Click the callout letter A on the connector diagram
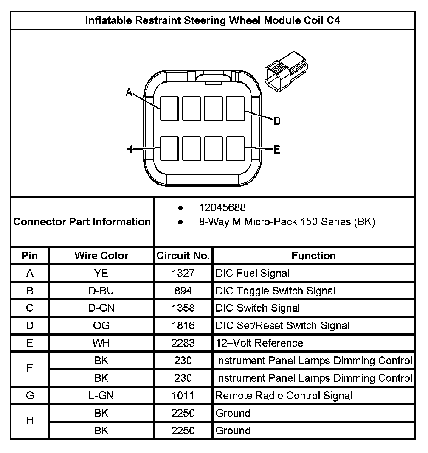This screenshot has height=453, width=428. pos(129,92)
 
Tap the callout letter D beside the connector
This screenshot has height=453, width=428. pos(276,122)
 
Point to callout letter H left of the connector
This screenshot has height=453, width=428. pos(129,149)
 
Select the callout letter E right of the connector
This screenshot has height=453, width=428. pos(276,150)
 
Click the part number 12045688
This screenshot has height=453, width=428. pos(222,207)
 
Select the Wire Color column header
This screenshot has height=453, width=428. pos(101,256)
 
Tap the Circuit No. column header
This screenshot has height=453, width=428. pos(183,256)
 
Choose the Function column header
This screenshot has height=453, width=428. pos(313,256)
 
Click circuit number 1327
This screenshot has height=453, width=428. pos(183,274)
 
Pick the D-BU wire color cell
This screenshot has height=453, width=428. pos(101,291)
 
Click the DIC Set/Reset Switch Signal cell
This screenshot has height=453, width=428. pos(283,326)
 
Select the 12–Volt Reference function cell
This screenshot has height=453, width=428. pos(259,343)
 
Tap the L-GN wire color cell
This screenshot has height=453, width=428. pos(101,396)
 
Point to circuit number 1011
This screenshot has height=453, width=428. pos(183,396)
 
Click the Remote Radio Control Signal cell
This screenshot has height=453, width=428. pos(284,396)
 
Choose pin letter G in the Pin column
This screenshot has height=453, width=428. pos(30,396)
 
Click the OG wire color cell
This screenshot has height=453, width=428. pos(101,326)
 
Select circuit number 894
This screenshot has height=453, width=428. pos(183,291)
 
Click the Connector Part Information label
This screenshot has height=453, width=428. pos(82,222)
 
